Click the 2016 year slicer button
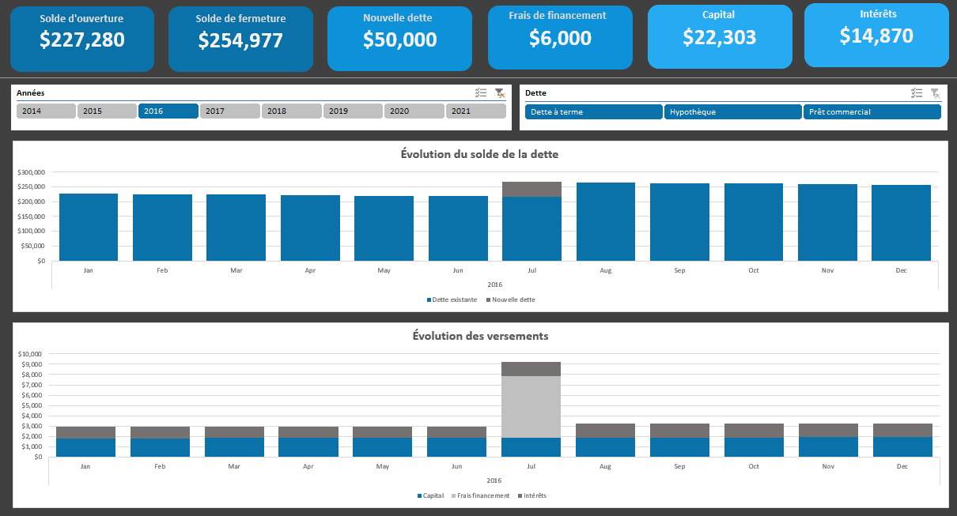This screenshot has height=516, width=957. tap(168, 111)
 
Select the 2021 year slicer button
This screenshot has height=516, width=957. tap(475, 111)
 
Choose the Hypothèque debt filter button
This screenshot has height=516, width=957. tap(733, 112)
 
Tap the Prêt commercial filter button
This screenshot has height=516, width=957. tap(872, 112)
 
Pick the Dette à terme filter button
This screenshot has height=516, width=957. tap(595, 112)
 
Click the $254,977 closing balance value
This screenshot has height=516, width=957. tap(240, 41)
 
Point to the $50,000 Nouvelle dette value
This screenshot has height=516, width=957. tap(399, 40)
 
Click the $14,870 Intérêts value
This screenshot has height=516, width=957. tap(876, 36)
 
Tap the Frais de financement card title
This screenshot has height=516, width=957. tap(558, 15)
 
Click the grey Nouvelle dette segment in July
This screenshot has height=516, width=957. tap(531, 189)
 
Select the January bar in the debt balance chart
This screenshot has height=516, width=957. tap(89, 227)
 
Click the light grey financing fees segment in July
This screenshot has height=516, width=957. tap(531, 406)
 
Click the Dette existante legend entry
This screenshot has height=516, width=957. tap(454, 299)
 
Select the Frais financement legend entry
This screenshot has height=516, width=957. tap(481, 495)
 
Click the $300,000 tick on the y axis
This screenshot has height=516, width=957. tap(32, 172)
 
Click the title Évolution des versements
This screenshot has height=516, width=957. tap(480, 336)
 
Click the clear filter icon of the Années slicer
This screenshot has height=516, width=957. tap(499, 93)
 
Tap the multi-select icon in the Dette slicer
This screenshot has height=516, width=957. tap(917, 93)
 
